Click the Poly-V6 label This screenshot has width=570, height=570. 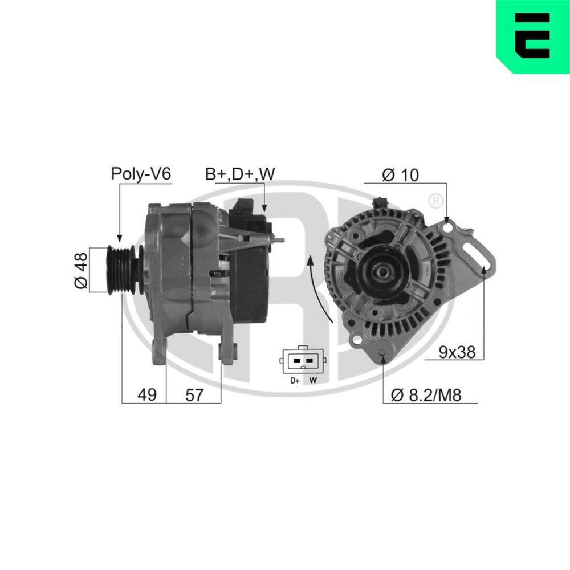click(x=141, y=174)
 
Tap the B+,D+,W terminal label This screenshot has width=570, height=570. click(x=239, y=174)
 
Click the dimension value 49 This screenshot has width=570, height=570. click(x=147, y=395)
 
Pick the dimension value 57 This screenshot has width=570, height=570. click(x=194, y=395)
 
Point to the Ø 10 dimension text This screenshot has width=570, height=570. click(x=400, y=175)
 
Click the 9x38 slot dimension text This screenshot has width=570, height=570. click(x=458, y=352)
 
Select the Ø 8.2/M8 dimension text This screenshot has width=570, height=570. click(x=427, y=395)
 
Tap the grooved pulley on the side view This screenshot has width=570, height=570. click(x=121, y=269)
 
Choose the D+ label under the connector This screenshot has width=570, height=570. click(x=294, y=380)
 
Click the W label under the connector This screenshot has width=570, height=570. click(x=312, y=380)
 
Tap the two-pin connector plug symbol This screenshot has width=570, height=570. click(x=302, y=360)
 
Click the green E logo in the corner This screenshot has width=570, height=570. click(x=533, y=36)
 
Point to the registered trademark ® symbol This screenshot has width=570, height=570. click(x=435, y=201)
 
